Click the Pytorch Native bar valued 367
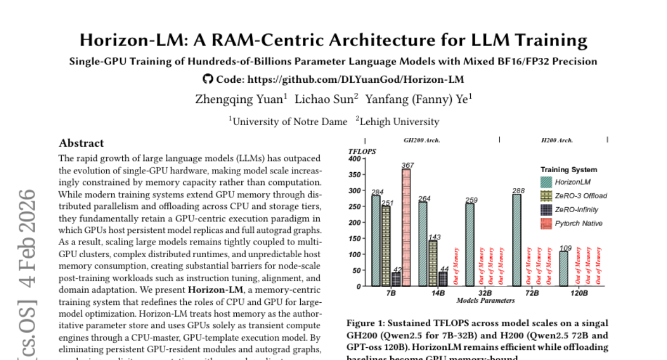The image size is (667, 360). pos(406,228)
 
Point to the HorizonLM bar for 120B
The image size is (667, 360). pos(564,268)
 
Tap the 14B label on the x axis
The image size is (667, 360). pos(437,293)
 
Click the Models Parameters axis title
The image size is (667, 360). pos(485,301)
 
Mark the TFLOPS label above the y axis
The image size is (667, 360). pos(362,151)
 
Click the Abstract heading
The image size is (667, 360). pos(81,143)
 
